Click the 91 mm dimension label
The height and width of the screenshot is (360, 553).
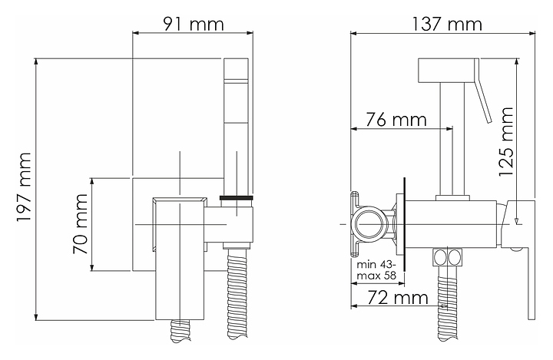(x=194, y=25)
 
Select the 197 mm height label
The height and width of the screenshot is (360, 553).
(x=25, y=187)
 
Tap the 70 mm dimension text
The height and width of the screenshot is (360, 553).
(x=81, y=224)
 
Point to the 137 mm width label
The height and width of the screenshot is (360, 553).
(x=447, y=25)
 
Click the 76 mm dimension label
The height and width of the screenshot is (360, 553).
(x=396, y=120)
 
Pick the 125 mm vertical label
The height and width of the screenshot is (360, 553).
(x=505, y=142)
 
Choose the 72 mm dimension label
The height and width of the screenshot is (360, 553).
(x=398, y=298)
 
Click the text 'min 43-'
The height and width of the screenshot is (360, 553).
(x=376, y=265)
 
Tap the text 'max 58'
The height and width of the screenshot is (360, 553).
(x=376, y=275)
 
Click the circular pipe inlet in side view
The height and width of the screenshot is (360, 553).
(x=367, y=224)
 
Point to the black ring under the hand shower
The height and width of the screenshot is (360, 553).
(x=237, y=198)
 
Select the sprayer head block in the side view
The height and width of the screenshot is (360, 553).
(x=445, y=70)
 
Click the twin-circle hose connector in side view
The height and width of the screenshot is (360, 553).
(x=447, y=256)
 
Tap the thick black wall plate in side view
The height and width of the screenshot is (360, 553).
(x=405, y=224)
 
